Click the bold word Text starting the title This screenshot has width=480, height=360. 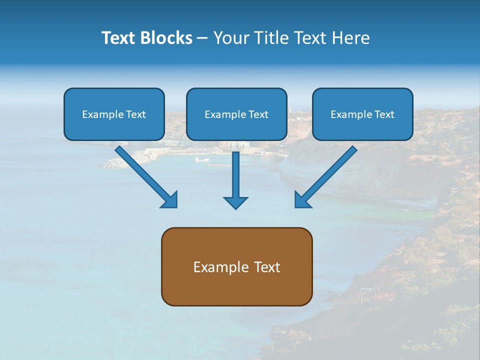tap(118, 38)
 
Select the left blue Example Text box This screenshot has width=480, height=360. tap(114, 114)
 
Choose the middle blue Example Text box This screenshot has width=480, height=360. tap(236, 114)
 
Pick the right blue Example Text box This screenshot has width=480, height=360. tap(362, 114)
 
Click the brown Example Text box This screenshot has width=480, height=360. tap(236, 266)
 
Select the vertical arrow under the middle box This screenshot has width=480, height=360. tap(235, 177)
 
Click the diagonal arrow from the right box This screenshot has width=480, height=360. tap(327, 175)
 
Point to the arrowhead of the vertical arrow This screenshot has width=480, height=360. tap(235, 201)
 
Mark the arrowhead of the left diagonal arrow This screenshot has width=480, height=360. tap(170, 199)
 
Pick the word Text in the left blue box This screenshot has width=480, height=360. tap(135, 114)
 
